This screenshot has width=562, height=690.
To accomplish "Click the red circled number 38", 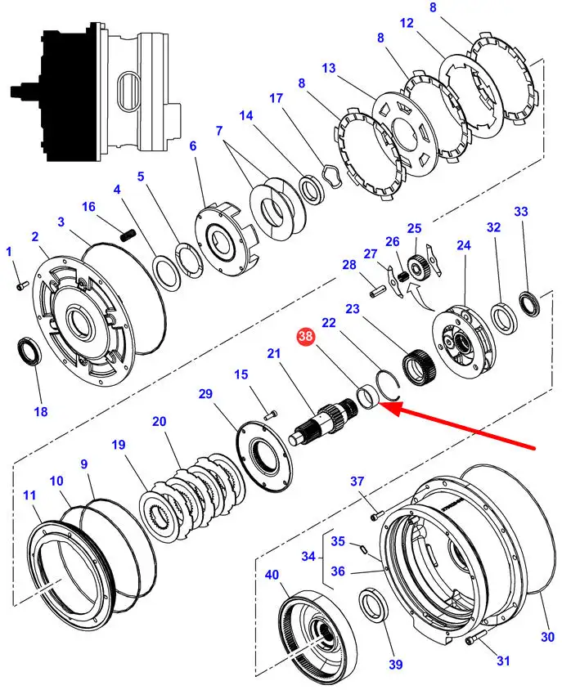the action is click(x=305, y=337).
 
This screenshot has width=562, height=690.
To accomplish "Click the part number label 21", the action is click(x=273, y=353).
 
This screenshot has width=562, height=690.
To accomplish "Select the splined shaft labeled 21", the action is click(x=324, y=420).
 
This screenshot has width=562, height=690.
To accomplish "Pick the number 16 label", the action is click(x=88, y=206).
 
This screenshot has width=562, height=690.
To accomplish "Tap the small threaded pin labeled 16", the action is click(x=127, y=235).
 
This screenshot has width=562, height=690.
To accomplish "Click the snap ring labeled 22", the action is click(x=388, y=385).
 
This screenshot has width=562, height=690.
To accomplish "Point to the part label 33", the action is click(x=520, y=212).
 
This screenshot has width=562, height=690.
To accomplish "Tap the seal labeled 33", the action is click(x=529, y=304).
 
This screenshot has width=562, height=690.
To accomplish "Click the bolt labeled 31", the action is click(x=474, y=637).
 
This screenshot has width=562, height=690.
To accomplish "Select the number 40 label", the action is click(x=272, y=574).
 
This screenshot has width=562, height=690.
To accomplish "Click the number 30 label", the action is click(x=546, y=636).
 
